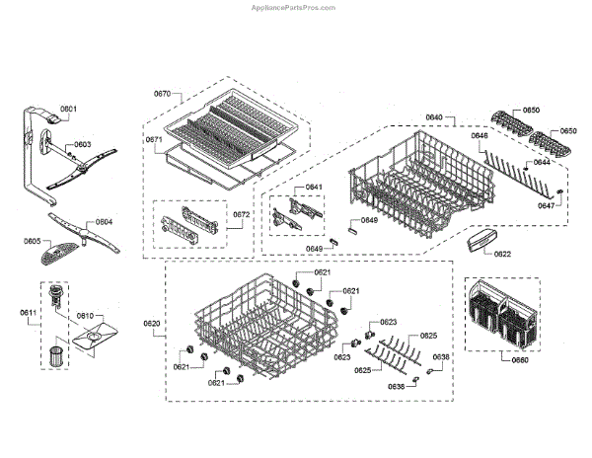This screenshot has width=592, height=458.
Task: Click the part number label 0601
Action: pos(68,108)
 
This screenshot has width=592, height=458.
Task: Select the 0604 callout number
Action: pos(104,221)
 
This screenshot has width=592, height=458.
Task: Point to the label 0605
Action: pos(33,241)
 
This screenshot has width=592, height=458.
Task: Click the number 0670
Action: pos(163,93)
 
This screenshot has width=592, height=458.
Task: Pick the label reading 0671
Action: pos(154,140)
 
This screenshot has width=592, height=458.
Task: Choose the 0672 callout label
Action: pos(242,214)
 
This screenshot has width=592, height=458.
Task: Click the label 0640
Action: pos(434,117)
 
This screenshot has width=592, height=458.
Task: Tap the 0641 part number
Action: pos(314,187)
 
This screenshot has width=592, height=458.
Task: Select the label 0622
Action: pos(502,254)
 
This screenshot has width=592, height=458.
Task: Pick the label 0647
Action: pos(546,206)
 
